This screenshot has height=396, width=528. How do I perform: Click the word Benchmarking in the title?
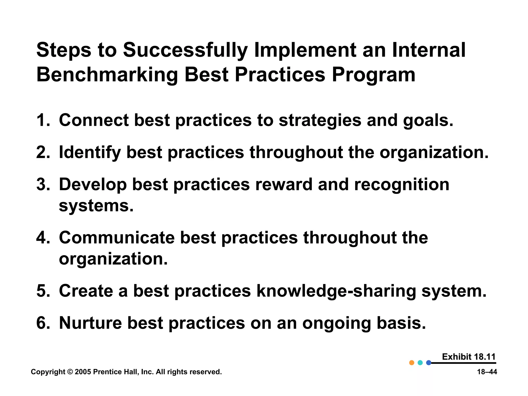point(107,75)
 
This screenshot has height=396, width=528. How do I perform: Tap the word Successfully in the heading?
point(185,50)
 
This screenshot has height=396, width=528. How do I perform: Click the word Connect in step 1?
point(94,120)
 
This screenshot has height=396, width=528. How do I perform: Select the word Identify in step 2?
point(89,153)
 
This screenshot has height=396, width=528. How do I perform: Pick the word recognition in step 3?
point(401,185)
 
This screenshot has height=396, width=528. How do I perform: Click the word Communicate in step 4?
point(117,237)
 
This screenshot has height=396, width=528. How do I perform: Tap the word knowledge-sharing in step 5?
point(336,291)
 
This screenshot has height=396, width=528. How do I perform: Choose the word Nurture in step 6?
point(90,323)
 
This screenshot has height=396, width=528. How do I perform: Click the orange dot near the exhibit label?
point(412,363)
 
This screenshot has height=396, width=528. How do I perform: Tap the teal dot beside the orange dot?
point(420,363)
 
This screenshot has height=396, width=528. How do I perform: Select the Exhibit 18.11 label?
point(468,357)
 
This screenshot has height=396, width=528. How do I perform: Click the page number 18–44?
point(487,372)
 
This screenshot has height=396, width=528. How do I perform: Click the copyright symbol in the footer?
point(70,372)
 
